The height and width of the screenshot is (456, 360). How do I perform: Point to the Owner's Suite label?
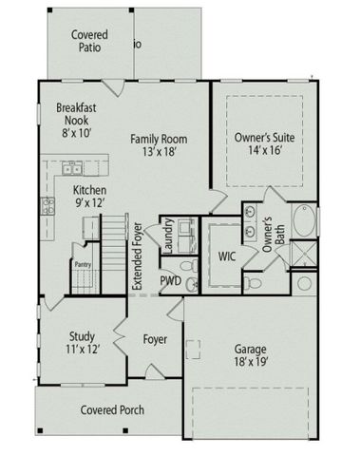point(258,138)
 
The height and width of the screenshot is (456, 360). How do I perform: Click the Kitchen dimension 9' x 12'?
point(90,202)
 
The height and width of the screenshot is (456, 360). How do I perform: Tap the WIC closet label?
point(226,256)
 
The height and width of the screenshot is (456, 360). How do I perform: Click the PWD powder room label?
point(170,282)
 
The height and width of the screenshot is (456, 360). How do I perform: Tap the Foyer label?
point(156,338)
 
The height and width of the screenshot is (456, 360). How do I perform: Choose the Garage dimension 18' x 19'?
point(252,361)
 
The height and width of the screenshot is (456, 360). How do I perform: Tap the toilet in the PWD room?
point(191,283)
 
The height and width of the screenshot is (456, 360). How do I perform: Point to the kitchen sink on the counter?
point(70,170)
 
